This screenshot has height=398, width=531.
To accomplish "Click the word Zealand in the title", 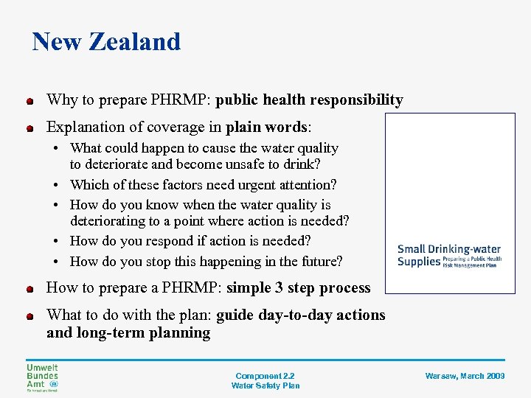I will coord(134,41).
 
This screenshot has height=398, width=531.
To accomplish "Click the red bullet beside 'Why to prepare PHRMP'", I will coord(29,101).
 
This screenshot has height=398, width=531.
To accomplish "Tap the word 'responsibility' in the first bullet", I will coord(356,99).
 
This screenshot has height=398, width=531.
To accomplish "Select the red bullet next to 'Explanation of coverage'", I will coord(29,128).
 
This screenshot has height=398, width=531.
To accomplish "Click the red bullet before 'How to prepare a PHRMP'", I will coord(29,289).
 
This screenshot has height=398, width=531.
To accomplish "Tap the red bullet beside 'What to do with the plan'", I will coord(29,316).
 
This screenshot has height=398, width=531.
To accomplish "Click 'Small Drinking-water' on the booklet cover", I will coord(449,249).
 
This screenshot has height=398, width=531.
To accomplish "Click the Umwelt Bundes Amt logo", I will coord(42,377).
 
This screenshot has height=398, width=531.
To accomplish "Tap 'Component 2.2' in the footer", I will coord(265,376).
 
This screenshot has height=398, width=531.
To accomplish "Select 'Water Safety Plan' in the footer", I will coord(265,385).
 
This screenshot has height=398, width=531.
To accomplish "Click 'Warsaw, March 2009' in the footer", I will coord(465,376).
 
